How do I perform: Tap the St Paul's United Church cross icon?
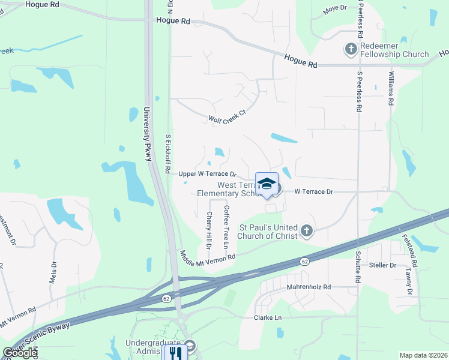(307, 230)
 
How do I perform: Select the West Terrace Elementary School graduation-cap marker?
(267, 184)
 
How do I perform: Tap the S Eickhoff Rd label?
(169, 153)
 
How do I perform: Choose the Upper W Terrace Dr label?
(208, 174)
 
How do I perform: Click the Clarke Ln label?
(268, 317)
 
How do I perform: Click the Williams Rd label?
(391, 88)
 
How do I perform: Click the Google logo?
(20, 353)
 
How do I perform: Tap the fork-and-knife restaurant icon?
(175, 352)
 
